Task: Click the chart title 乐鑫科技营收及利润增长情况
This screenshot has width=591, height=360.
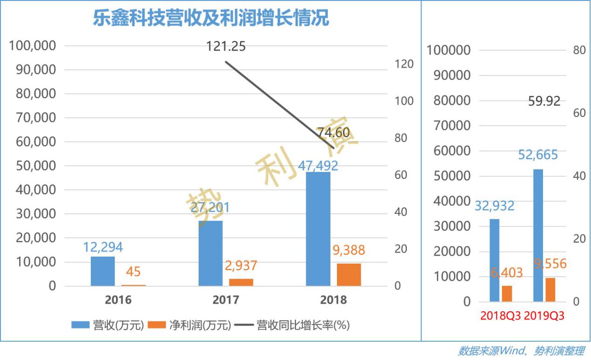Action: (211, 19)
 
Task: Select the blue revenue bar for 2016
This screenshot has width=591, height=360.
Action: (103, 271)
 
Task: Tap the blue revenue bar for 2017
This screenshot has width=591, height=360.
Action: (210, 253)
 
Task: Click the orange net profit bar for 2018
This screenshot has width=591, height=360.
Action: (349, 275)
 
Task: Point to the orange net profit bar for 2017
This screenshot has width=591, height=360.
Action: (241, 282)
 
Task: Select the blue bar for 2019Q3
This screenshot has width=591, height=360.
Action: (538, 235)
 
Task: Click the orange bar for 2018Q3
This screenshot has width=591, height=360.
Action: (507, 293)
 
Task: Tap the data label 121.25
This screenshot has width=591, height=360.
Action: (226, 47)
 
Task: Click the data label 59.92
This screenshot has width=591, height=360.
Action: (544, 101)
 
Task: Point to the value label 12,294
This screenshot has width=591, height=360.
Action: (103, 247)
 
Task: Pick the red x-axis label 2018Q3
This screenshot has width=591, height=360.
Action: (500, 316)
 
